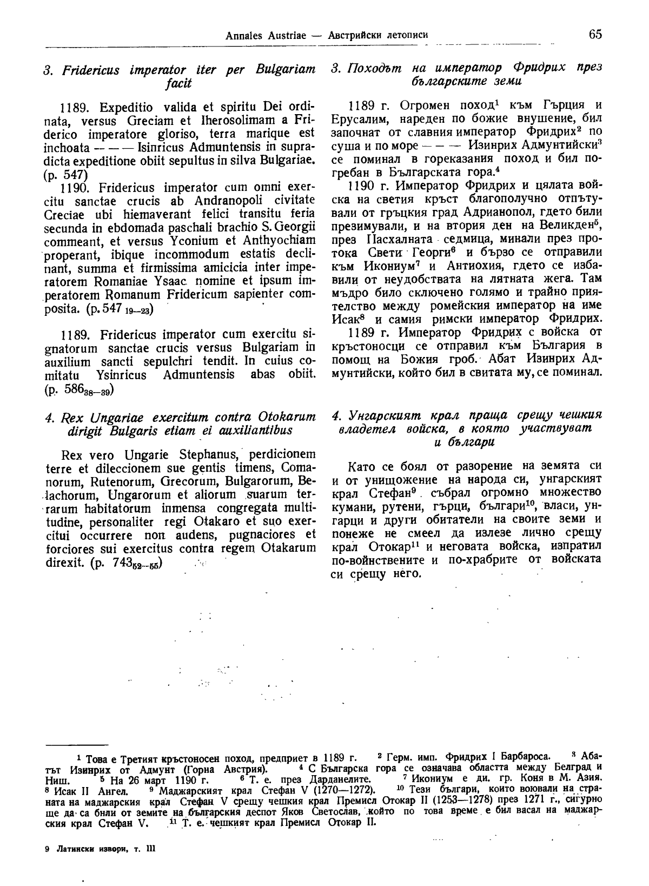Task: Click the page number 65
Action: tap(595, 35)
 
